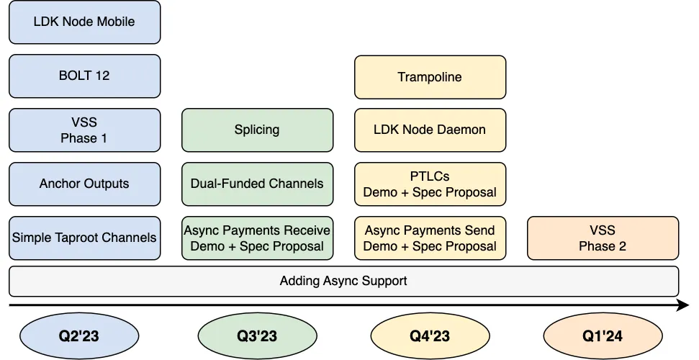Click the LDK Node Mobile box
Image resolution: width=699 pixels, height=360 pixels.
pyautogui.click(x=84, y=22)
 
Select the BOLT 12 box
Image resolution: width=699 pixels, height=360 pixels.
pyautogui.click(x=84, y=76)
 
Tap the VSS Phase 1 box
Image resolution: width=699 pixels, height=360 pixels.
pyautogui.click(x=84, y=130)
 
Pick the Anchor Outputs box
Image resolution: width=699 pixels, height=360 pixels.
pyautogui.click(x=84, y=184)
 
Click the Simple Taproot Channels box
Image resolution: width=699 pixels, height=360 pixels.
pyautogui.click(x=84, y=238)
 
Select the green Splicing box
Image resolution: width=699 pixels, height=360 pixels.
pyautogui.click(x=257, y=130)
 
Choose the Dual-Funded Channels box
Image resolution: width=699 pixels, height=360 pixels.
pyautogui.click(x=257, y=184)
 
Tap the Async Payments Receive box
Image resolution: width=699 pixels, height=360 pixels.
pyautogui.click(x=257, y=238)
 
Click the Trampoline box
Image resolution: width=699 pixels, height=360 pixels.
pyautogui.click(x=430, y=77)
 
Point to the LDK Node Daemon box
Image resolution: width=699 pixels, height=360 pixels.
pyautogui.click(x=430, y=130)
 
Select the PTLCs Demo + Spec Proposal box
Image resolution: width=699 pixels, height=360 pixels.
pyautogui.click(x=430, y=184)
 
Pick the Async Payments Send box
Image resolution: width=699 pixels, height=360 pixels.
pyautogui.click(x=430, y=238)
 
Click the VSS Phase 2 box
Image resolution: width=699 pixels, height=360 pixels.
pyautogui.click(x=603, y=238)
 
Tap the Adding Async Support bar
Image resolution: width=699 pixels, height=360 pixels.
pyautogui.click(x=343, y=281)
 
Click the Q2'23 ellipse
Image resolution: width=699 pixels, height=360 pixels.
pyautogui.click(x=78, y=336)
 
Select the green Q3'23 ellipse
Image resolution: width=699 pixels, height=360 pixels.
pyautogui.click(x=257, y=336)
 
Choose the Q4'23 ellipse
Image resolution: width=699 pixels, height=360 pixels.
pyautogui.click(x=430, y=336)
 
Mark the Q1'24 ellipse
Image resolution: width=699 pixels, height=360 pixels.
pyautogui.click(x=603, y=336)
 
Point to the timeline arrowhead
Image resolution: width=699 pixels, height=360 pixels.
pyautogui.click(x=684, y=306)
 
